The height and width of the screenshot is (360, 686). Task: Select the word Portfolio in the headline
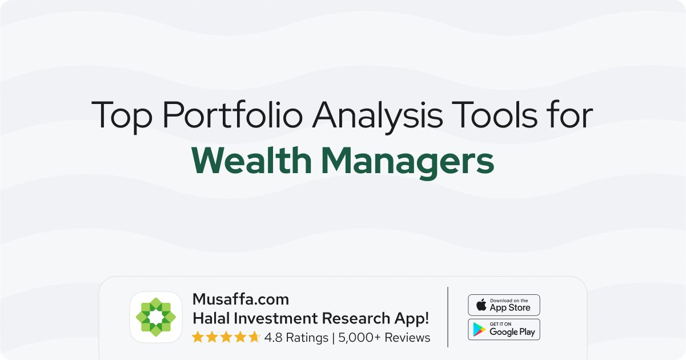(232, 114)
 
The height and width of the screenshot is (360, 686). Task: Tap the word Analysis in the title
(378, 116)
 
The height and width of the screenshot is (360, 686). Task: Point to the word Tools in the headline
(494, 114)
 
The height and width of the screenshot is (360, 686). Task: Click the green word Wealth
(251, 160)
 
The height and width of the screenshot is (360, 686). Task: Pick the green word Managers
(408, 163)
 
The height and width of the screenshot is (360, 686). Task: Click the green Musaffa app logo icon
(156, 317)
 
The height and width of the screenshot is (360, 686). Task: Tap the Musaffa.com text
(240, 299)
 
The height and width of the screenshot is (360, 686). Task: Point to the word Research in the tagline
(355, 318)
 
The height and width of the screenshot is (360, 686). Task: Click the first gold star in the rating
(198, 337)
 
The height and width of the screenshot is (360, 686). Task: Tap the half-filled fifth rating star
(254, 337)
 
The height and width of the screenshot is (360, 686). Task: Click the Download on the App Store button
(504, 305)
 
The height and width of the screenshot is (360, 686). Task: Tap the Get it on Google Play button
(504, 329)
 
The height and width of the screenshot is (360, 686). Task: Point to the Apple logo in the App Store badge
(481, 305)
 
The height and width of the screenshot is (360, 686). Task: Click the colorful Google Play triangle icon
(479, 329)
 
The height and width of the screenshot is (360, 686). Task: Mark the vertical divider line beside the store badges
(448, 317)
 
